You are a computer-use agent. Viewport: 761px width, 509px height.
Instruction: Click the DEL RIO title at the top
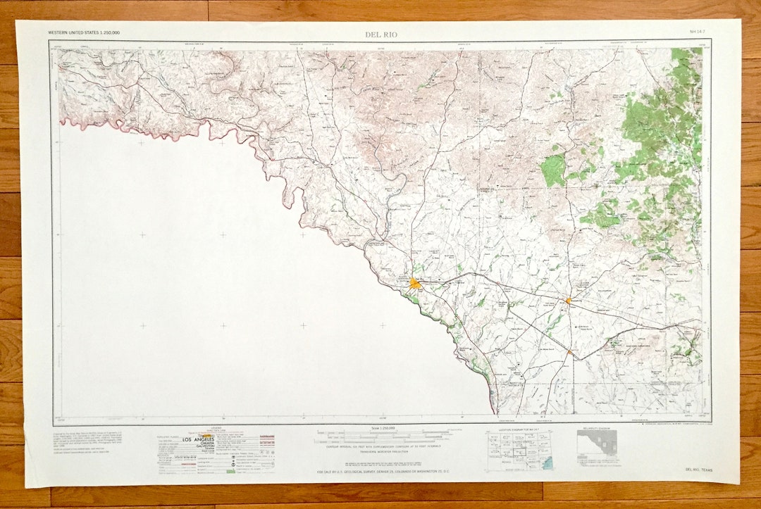click(x=381, y=34)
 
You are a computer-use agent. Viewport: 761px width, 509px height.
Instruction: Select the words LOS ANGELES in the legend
click(x=197, y=440)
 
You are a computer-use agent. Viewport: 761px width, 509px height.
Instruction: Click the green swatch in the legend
click(x=230, y=471)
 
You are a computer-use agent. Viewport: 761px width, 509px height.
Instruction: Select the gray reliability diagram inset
click(x=597, y=445)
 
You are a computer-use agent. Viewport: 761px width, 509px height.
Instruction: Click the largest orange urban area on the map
click(x=414, y=284)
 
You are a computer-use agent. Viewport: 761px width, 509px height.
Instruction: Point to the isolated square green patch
click(x=553, y=170)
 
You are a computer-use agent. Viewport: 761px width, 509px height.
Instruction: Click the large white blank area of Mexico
click(x=211, y=296)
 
